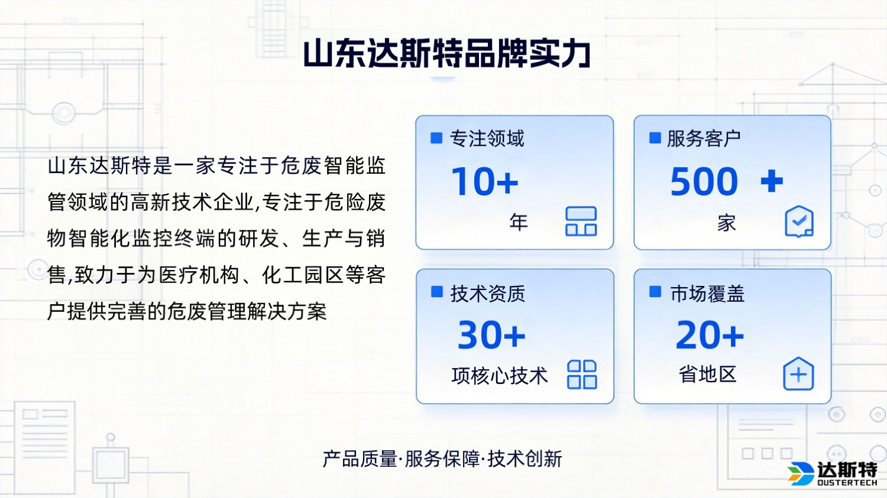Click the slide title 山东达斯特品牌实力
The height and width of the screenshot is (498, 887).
point(447,54)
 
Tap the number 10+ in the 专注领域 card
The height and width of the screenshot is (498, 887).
point(484,181)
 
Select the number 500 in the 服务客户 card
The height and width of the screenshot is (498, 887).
point(704,181)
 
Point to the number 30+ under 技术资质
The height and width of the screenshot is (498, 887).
point(491,335)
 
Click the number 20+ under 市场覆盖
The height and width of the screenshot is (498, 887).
point(710,335)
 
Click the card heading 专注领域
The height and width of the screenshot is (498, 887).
point(487,139)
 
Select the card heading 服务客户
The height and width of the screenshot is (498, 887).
point(704,139)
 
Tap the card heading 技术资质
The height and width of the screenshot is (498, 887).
point(488,293)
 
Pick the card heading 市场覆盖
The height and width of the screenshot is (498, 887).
point(707,293)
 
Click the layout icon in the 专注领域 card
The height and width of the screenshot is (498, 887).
point(581,222)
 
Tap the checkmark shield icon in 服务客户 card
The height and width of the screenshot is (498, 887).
point(799,222)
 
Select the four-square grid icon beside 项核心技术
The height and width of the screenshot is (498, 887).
point(581,375)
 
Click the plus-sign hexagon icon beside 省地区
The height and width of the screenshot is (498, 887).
point(798,374)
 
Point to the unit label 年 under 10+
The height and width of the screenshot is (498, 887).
point(519,222)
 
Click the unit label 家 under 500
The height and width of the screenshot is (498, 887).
point(727,223)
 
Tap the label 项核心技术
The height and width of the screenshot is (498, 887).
point(500,376)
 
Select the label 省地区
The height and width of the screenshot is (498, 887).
point(707,375)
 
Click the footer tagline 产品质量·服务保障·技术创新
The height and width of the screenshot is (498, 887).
point(442,458)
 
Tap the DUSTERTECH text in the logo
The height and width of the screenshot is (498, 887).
point(847,483)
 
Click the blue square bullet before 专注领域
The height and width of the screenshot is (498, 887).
point(436,138)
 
